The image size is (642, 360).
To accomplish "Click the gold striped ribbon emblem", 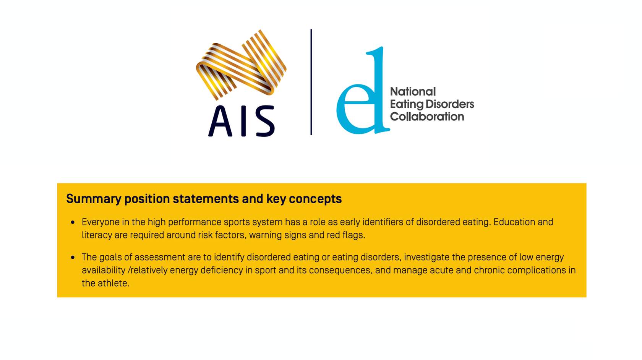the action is point(241,65).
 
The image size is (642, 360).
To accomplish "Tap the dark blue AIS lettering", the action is point(242,121).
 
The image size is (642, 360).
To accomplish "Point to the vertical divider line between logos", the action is point(311,82).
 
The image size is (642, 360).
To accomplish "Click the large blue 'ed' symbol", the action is point(363,90).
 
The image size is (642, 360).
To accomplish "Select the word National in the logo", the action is point(413,92).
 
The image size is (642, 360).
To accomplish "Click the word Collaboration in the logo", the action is point(427,117).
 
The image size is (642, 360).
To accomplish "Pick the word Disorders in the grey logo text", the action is point(450,104).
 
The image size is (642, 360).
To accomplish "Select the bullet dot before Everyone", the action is point(73,222).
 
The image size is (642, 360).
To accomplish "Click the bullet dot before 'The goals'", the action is point(73,258).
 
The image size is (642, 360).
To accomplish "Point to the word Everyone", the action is point(98,222).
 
